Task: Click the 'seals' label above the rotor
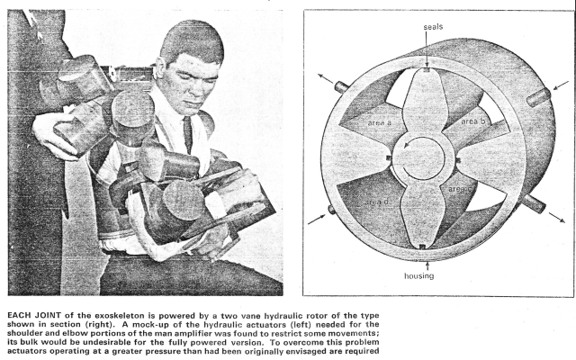click(x=433, y=27)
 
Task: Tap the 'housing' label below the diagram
click(x=419, y=275)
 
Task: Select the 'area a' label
click(x=380, y=122)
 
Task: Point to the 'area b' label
click(x=473, y=121)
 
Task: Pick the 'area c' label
click(x=460, y=189)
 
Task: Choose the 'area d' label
click(x=377, y=202)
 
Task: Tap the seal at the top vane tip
click(x=426, y=70)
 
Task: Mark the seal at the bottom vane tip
click(x=422, y=247)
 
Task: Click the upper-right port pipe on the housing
click(x=539, y=97)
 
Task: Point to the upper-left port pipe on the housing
click(x=341, y=87)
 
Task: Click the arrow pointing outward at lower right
click(x=557, y=218)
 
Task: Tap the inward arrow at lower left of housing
click(x=316, y=220)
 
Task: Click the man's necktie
click(x=188, y=134)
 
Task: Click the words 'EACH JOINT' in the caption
click(x=34, y=316)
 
